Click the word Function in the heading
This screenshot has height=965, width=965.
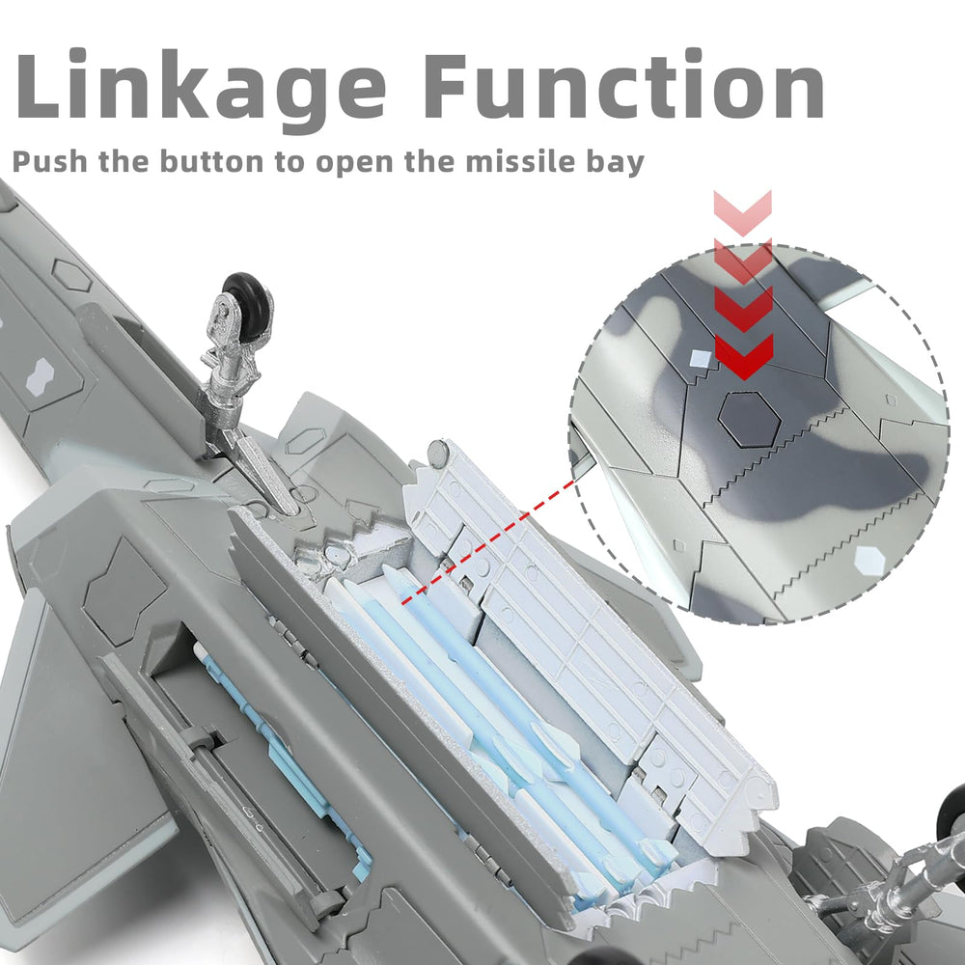[x=623, y=85]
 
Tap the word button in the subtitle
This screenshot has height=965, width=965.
[x=211, y=161]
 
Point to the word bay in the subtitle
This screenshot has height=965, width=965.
[x=615, y=163]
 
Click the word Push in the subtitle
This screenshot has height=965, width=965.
[x=49, y=162]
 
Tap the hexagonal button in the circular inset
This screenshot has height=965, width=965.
[x=750, y=418]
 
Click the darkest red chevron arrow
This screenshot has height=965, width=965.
[x=743, y=356]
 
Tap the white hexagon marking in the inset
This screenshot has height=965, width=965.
[x=869, y=560]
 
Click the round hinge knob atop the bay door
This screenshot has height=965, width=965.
[x=438, y=453]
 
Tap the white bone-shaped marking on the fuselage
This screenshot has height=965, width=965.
[x=41, y=376]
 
